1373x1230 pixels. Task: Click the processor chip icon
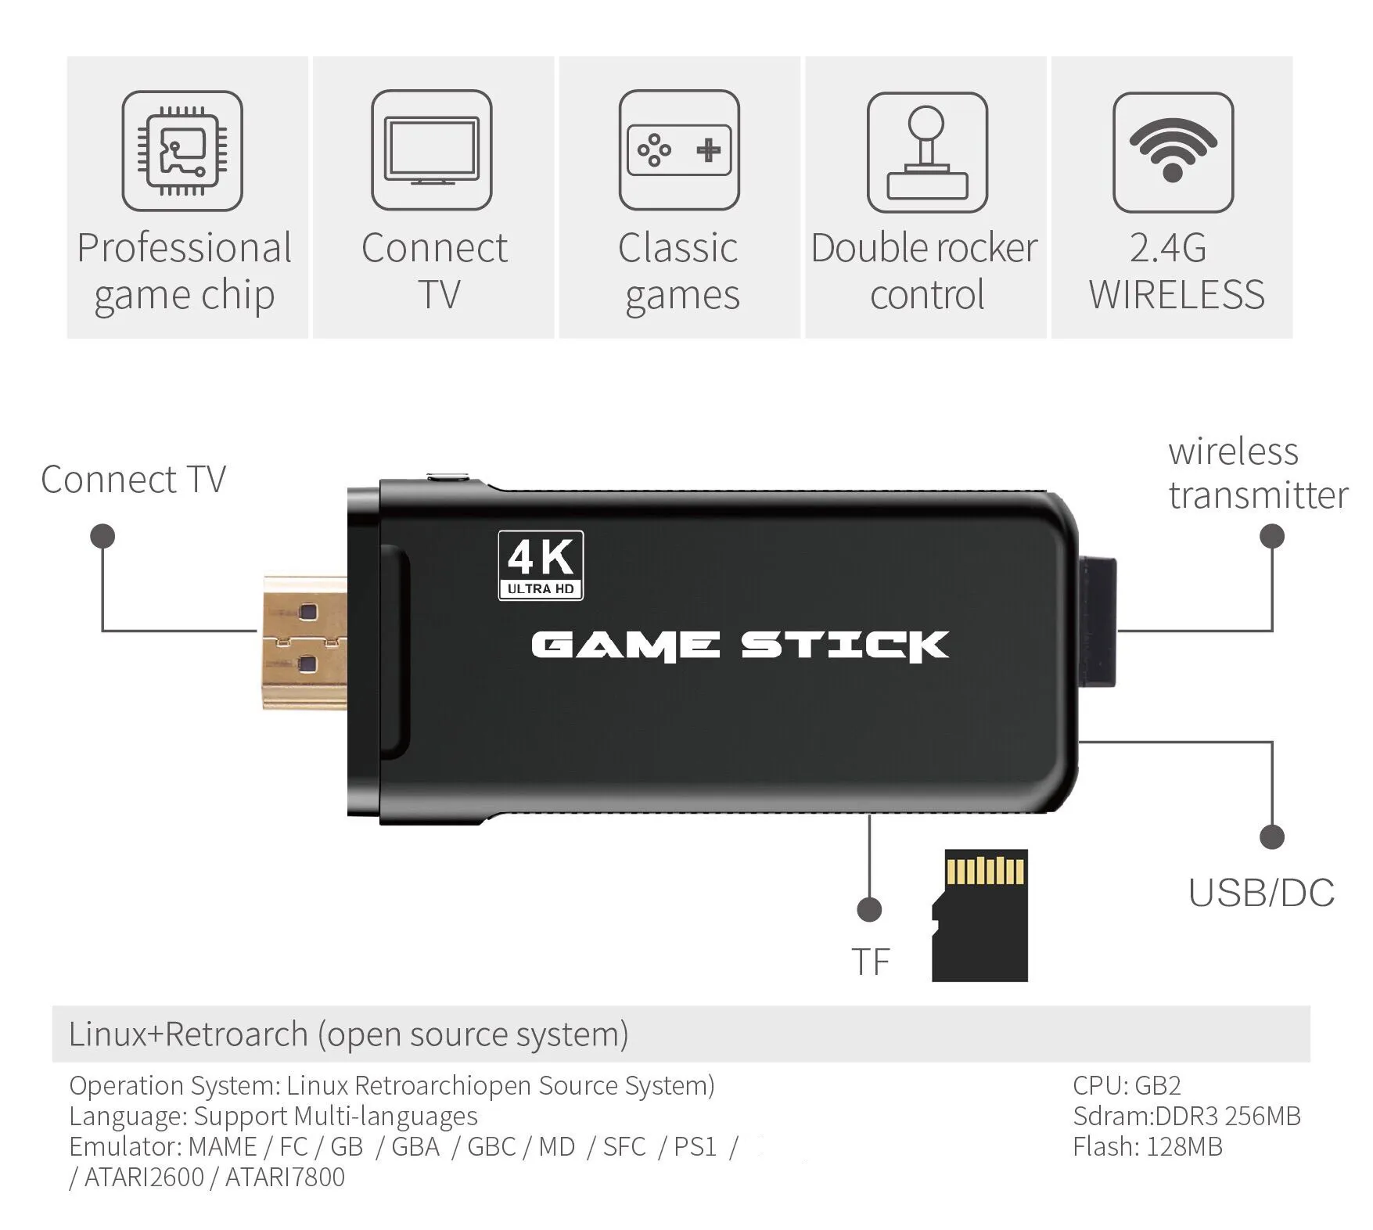point(182,151)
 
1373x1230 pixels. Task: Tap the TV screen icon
point(431,151)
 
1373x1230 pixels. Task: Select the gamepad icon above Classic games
point(678,150)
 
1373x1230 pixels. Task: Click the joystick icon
point(927,152)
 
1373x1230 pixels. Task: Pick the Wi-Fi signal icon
point(1173,152)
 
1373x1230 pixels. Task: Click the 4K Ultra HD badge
point(541,565)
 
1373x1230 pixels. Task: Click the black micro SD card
point(980,915)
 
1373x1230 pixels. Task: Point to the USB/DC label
point(1261,893)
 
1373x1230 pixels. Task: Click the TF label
point(870,962)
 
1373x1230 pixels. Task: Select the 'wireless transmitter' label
point(1257,473)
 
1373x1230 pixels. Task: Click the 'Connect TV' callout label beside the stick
point(133,480)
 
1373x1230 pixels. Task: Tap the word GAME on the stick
point(624,646)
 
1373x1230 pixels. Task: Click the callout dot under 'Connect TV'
point(102,536)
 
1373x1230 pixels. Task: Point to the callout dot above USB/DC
point(1272,836)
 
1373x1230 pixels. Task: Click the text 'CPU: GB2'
point(1127,1085)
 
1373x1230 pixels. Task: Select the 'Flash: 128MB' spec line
point(1147,1146)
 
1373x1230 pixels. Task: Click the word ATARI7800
point(285,1177)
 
